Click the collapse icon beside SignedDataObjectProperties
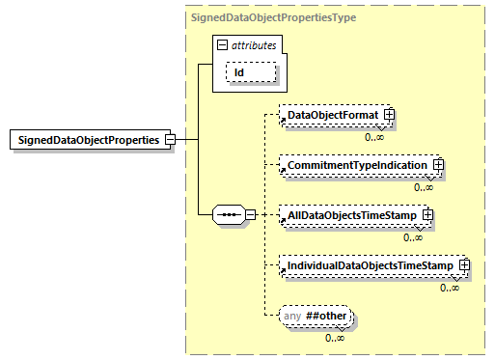[170, 139]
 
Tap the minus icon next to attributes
[224, 44]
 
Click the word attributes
[254, 44]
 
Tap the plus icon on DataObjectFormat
[390, 116]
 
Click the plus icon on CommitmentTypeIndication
[438, 166]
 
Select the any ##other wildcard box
[316, 316]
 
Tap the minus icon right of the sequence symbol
[250, 214]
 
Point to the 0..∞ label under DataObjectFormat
[374, 137]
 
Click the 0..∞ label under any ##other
[336, 337]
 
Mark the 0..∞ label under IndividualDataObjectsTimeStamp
[449, 287]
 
